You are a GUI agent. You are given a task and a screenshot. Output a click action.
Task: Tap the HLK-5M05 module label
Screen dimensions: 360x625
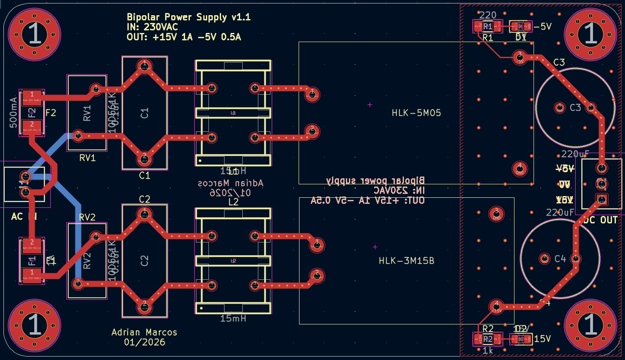coord(416,113)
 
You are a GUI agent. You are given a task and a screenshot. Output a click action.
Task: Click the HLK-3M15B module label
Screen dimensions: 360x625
coord(407,261)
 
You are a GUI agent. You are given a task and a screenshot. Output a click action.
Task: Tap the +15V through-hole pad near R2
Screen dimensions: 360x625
coord(495,306)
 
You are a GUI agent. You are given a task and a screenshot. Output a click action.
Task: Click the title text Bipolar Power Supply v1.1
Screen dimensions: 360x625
coord(189,17)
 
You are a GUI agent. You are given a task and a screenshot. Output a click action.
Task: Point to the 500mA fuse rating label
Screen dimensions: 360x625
coord(13,113)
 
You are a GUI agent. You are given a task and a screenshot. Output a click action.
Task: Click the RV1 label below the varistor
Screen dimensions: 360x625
coord(87,158)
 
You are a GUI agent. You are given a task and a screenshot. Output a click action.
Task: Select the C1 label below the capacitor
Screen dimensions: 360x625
coord(144,175)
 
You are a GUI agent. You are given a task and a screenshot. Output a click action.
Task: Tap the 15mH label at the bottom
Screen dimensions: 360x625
coord(233,318)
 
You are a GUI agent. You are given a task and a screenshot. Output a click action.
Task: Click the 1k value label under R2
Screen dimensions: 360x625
coord(488,350)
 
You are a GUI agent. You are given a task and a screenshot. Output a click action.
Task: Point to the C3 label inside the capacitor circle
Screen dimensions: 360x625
coord(575,108)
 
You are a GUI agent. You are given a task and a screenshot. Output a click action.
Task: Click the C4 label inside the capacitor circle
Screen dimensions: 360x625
coord(560,259)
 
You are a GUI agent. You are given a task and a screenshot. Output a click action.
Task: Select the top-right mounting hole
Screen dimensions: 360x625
coord(590,34)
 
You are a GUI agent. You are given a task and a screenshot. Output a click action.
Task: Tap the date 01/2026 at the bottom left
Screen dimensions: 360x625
coord(144,342)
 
